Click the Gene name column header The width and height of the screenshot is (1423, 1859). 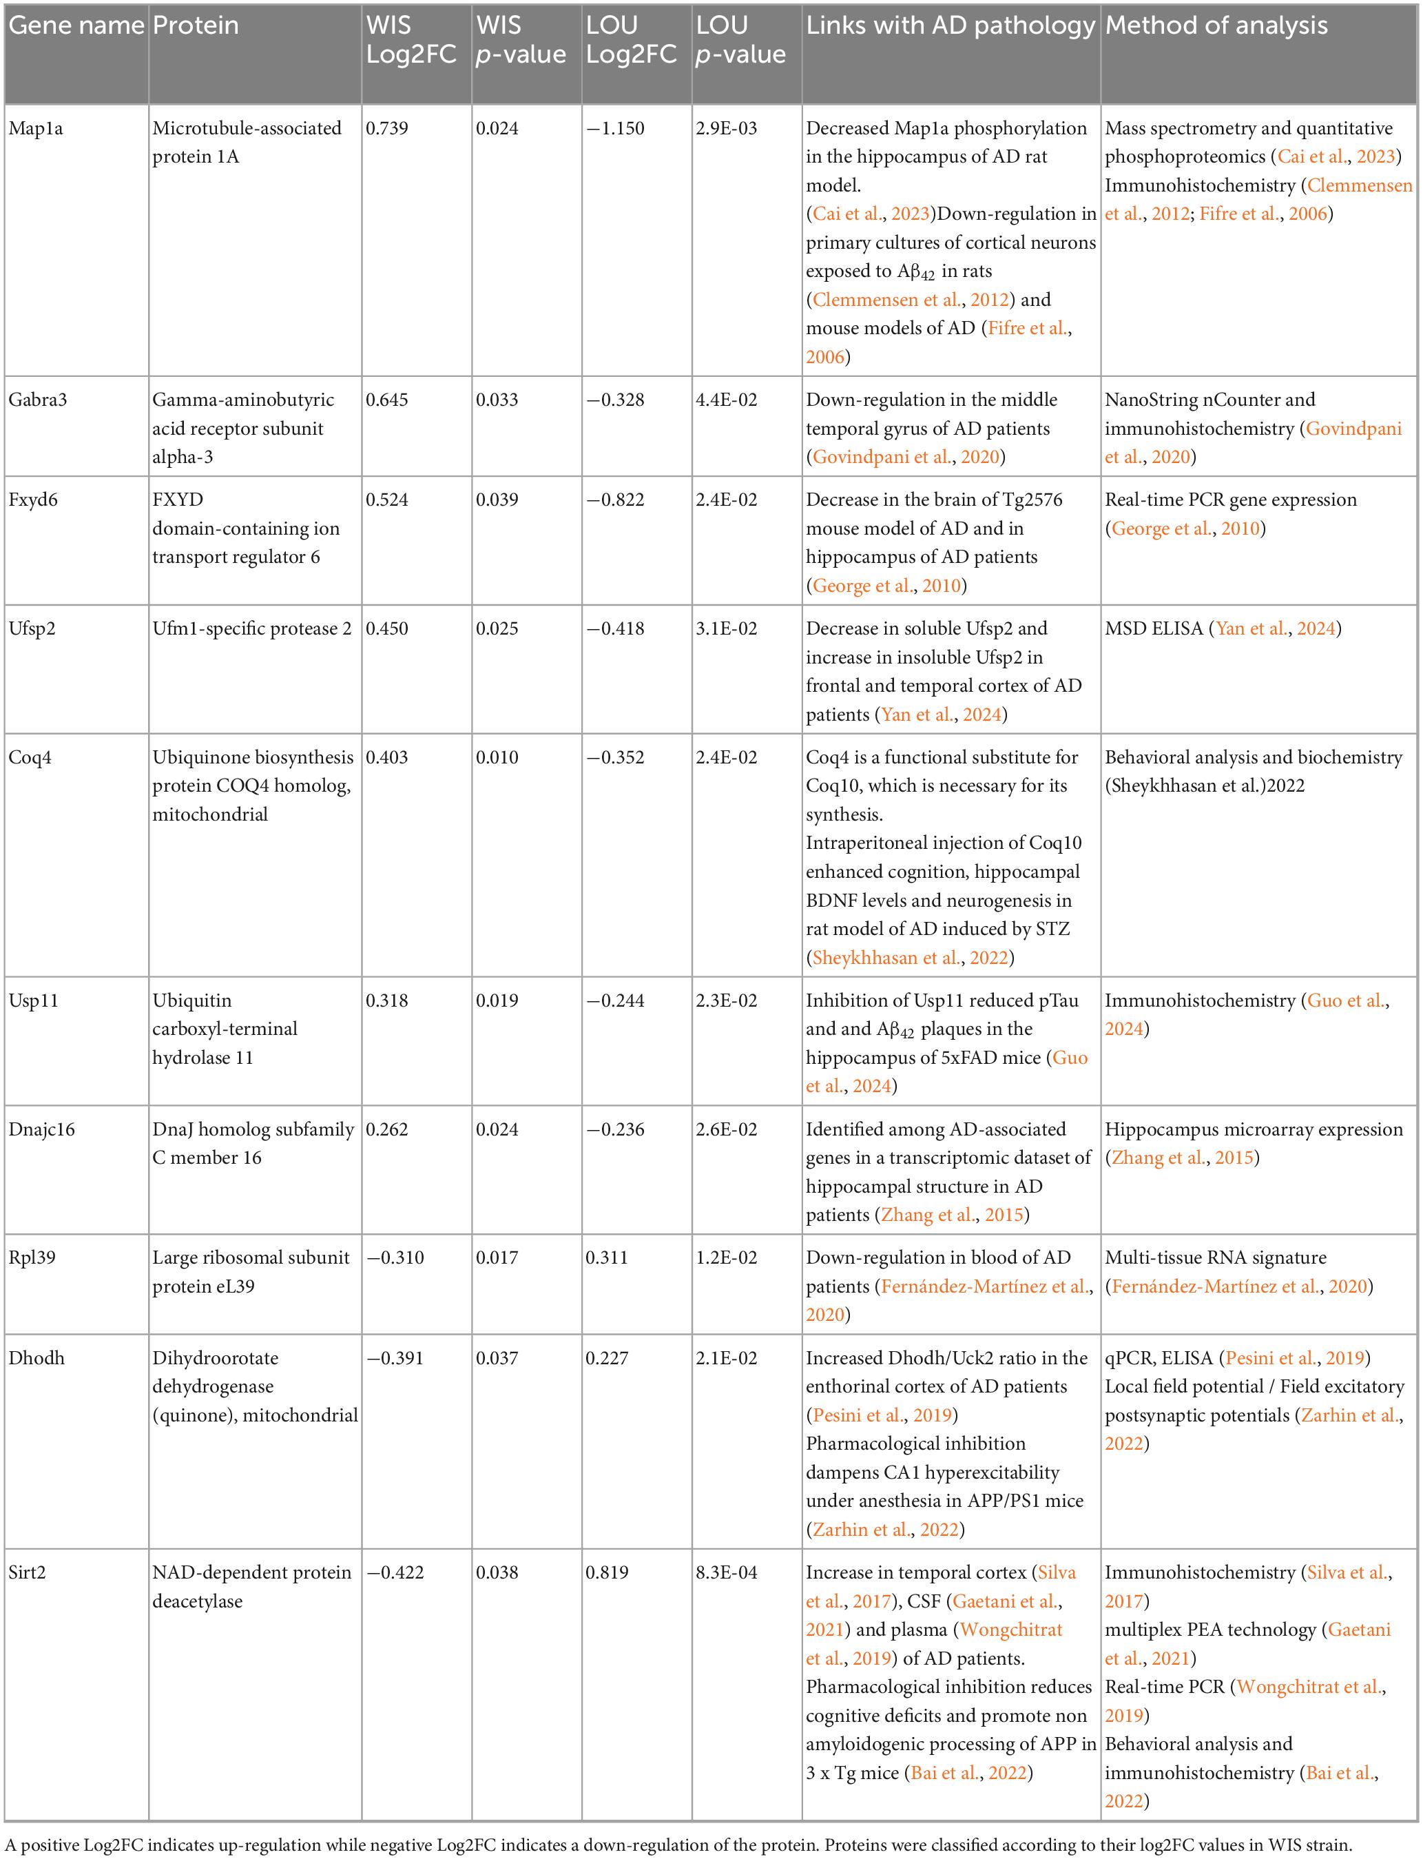(x=76, y=26)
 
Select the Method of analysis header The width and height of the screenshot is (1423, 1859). (x=1216, y=26)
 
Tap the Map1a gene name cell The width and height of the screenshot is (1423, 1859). (x=36, y=129)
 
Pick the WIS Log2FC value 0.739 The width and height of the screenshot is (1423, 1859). (x=386, y=129)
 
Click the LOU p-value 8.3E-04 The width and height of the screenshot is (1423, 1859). (x=726, y=1572)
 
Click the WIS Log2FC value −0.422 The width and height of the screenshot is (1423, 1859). (x=395, y=1572)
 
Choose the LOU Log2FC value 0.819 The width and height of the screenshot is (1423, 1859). (x=607, y=1572)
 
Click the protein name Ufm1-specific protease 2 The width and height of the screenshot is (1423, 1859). (x=251, y=628)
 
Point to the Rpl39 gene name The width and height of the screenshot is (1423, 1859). (x=32, y=1257)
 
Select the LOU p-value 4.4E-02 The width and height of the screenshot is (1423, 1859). (x=726, y=400)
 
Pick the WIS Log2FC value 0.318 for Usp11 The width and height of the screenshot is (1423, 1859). (x=386, y=1000)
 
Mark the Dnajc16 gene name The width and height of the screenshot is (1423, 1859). (x=41, y=1129)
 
